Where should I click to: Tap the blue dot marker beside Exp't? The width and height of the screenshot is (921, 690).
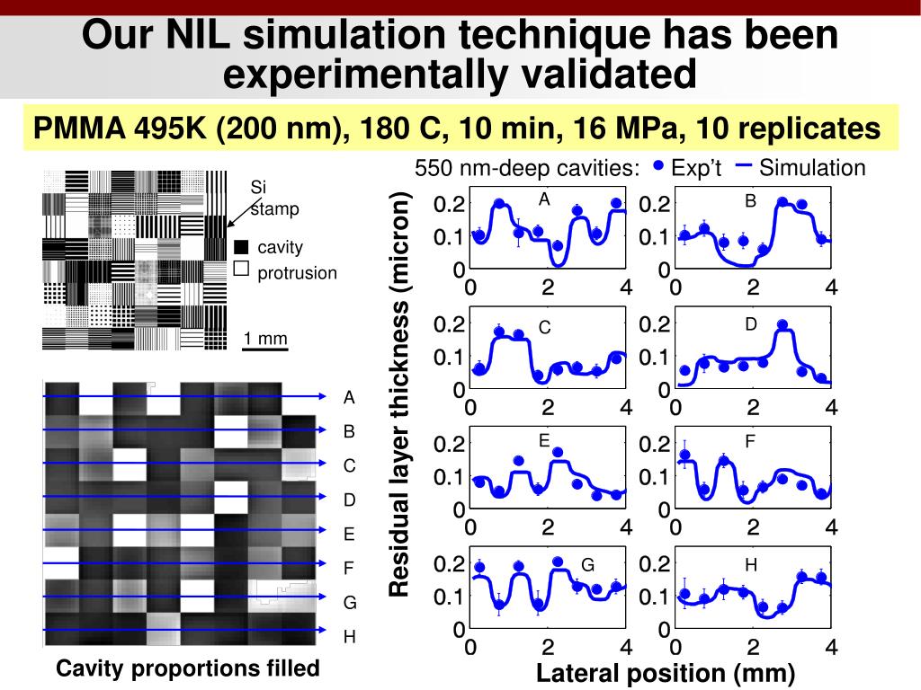click(x=658, y=166)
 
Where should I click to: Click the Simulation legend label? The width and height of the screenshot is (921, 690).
click(x=811, y=168)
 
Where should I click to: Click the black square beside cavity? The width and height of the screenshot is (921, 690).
click(x=240, y=247)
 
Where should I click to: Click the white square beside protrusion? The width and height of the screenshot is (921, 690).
click(x=240, y=268)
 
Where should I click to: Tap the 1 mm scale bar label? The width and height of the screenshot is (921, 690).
click(x=265, y=339)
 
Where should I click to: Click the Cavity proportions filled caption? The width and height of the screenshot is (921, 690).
click(x=187, y=668)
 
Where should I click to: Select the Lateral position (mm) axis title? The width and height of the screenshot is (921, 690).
click(x=666, y=674)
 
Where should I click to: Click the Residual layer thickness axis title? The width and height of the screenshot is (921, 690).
click(x=399, y=394)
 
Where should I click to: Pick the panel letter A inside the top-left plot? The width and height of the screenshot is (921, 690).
click(x=544, y=199)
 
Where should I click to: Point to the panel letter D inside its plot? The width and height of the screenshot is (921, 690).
click(x=751, y=323)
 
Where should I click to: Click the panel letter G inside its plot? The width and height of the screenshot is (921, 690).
click(x=587, y=565)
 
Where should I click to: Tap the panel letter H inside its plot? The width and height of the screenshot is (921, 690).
click(x=751, y=565)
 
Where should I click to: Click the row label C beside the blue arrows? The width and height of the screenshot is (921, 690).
click(x=349, y=466)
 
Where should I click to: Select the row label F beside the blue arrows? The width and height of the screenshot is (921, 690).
click(x=349, y=569)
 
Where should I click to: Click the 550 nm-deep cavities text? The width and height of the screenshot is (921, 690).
click(x=527, y=169)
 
